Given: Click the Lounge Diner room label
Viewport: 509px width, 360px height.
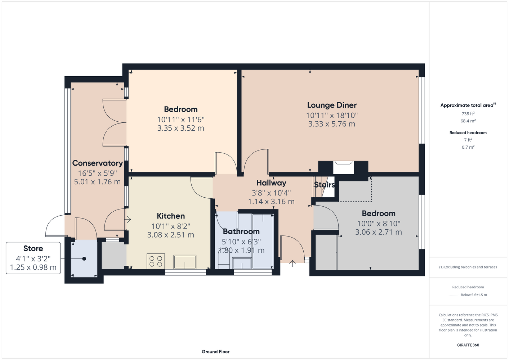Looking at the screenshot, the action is (332, 105).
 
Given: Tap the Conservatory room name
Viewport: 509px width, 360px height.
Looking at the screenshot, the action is (98, 163).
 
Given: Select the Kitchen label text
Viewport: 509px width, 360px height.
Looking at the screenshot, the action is (171, 216).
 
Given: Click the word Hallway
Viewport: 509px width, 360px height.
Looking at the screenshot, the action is (271, 183).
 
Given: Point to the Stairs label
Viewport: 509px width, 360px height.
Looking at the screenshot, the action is (324, 185).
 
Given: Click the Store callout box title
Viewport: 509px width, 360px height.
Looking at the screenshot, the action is (33, 248).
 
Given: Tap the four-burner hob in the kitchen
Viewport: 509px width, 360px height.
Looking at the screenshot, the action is (156, 261).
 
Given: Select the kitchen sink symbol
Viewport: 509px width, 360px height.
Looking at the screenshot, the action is (185, 262).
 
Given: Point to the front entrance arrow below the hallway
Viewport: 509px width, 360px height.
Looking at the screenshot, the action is (292, 264).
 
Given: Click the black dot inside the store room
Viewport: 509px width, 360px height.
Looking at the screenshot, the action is (84, 259).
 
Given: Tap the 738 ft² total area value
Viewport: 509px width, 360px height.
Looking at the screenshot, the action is (468, 113).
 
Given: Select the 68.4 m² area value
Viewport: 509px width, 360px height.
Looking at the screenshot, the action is (468, 121).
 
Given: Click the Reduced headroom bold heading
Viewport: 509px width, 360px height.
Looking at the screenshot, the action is (468, 132).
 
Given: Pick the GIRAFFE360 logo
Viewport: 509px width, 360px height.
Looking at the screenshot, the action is (468, 345).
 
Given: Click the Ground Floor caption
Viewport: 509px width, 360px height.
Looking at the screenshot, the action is (216, 352).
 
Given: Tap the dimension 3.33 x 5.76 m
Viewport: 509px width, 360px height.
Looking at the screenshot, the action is (332, 124).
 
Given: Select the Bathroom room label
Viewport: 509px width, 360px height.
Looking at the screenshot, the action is (241, 231).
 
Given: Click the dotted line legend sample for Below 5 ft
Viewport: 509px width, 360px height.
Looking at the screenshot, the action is (454, 295).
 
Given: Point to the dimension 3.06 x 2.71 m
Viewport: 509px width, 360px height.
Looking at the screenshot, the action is (379, 232).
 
